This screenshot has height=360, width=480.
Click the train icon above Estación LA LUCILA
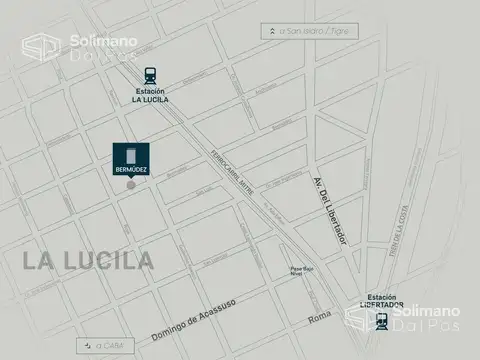point(149,74)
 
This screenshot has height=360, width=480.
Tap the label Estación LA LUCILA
point(149,96)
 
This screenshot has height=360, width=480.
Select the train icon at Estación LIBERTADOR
point(381,320)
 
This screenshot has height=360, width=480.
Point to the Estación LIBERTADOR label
point(381,300)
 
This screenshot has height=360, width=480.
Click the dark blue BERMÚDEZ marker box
point(130,161)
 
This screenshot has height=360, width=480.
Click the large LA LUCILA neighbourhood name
point(89,261)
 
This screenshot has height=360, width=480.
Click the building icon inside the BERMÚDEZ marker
point(130,156)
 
